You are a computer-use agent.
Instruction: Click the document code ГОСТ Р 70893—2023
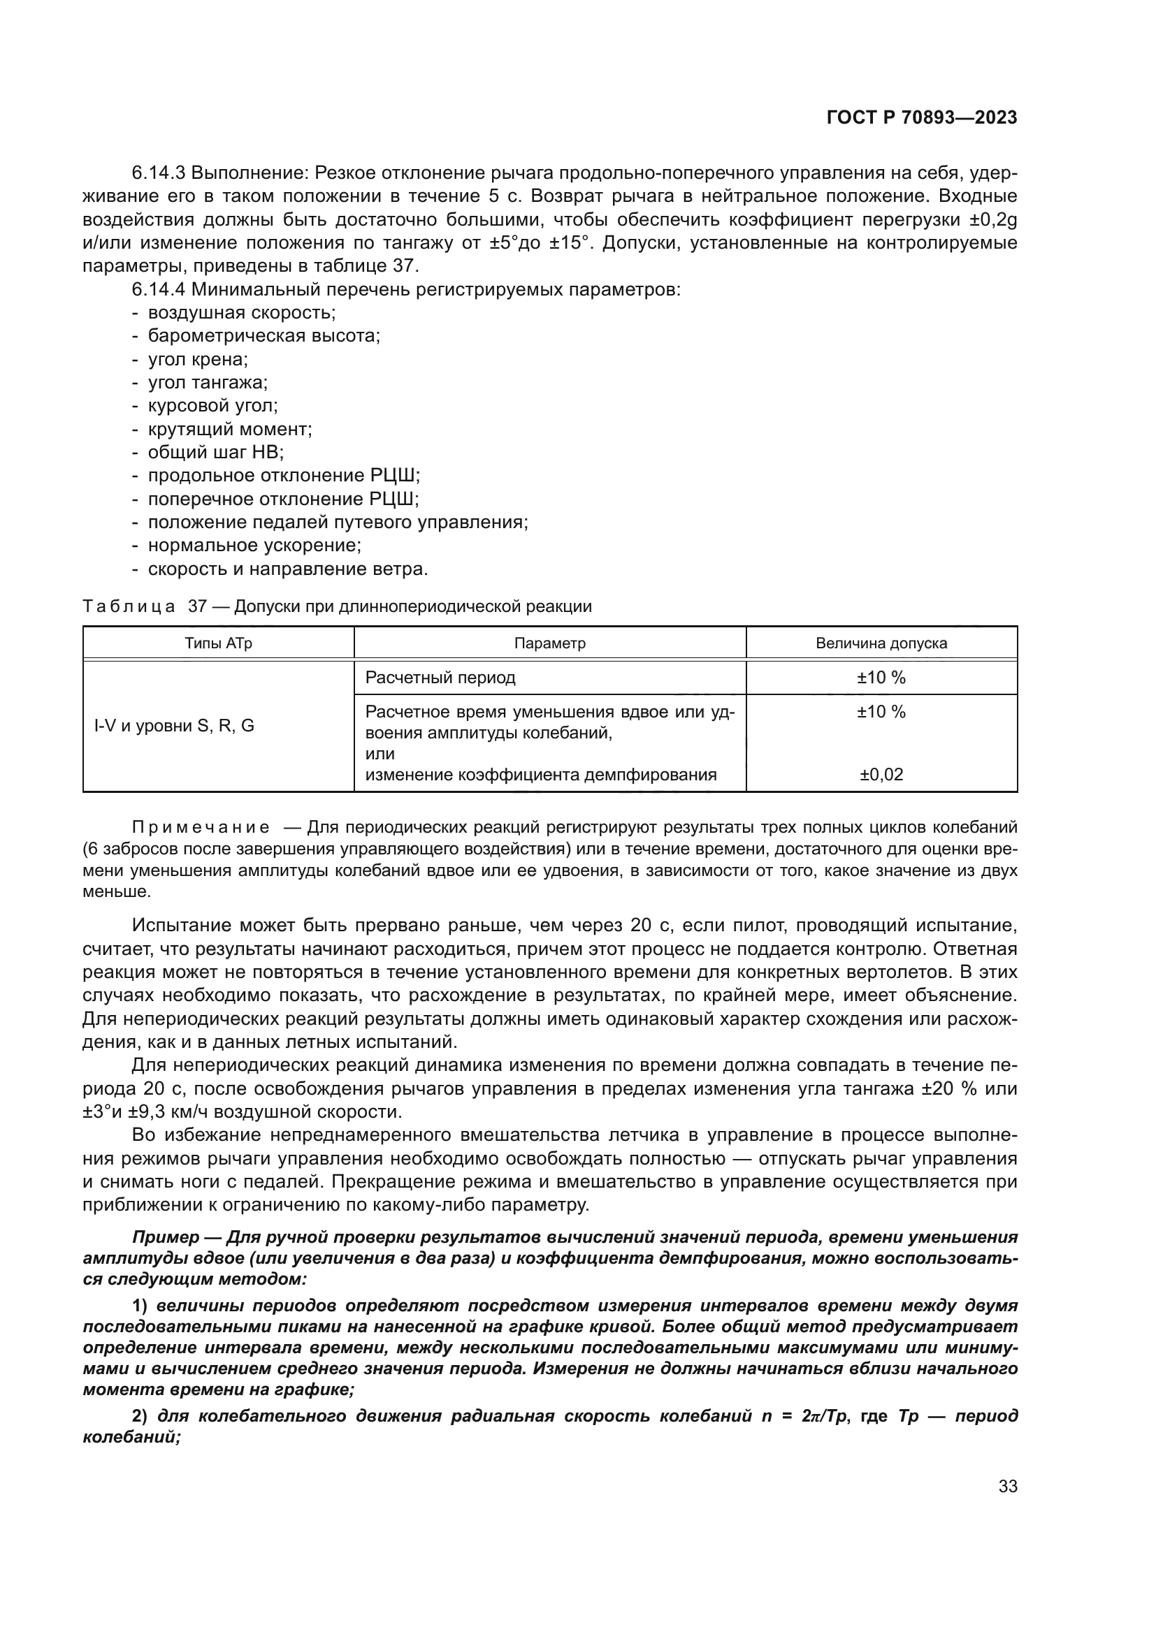pos(921,118)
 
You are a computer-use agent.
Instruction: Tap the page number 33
pos(1007,1487)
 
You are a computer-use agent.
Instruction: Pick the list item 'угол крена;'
pos(197,359)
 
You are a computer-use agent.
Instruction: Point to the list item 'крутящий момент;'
pos(229,429)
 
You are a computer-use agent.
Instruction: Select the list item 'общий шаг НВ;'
pos(215,453)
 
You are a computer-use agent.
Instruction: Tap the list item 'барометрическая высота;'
pos(263,336)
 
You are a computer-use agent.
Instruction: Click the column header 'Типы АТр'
pos(219,643)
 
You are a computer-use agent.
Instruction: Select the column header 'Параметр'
pos(549,643)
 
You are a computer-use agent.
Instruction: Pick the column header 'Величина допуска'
pos(881,643)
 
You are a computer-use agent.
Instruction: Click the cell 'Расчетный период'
pos(440,678)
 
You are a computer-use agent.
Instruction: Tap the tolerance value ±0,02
pos(881,775)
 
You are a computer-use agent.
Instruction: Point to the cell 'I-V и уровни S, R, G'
pos(175,726)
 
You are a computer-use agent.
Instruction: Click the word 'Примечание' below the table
pos(201,828)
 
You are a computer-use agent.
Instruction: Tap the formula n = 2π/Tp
pos(804,1416)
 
